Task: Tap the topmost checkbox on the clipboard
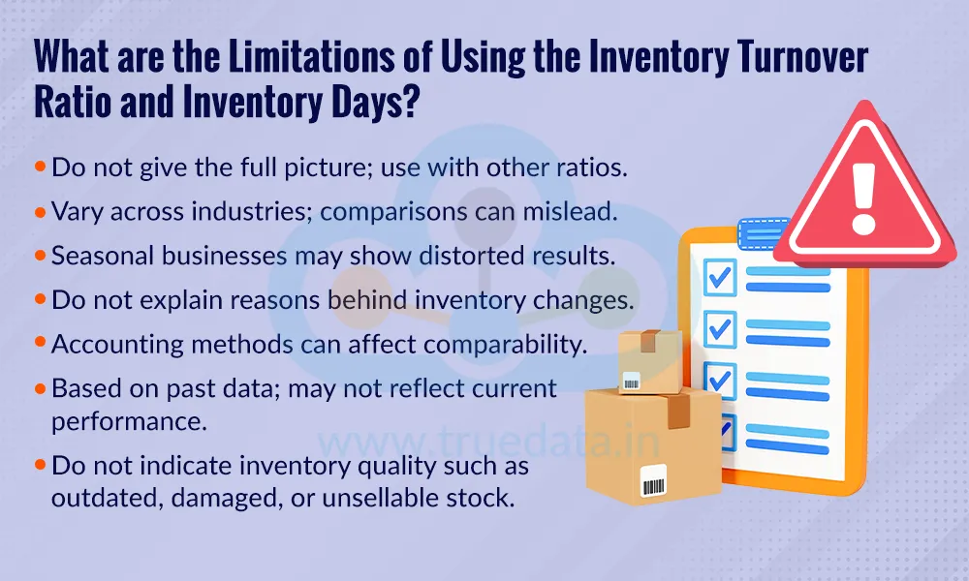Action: [720, 277]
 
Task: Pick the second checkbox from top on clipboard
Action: [720, 327]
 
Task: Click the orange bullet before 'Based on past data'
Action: [40, 387]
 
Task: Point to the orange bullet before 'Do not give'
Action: [40, 167]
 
